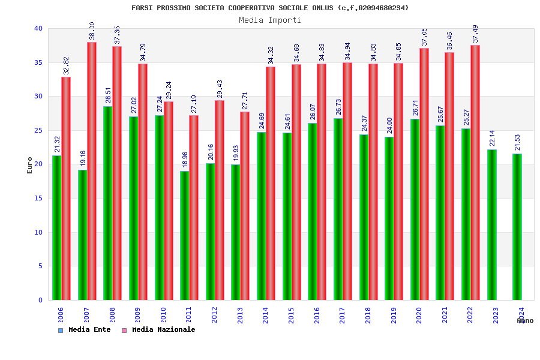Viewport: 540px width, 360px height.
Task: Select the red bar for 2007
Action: pos(92,171)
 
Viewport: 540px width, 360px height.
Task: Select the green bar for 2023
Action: pos(492,224)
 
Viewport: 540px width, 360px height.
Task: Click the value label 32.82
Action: pos(67,65)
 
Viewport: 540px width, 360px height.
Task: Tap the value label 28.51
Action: pos(109,95)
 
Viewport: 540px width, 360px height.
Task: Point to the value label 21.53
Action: pos(518,143)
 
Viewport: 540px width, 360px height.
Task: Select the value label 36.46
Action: pos(450,41)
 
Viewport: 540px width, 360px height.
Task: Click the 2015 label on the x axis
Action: pos(291,315)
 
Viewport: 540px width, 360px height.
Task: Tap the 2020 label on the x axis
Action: pos(419,315)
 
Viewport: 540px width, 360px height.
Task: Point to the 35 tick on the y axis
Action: pos(38,62)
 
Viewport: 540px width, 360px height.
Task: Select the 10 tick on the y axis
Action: pos(38,232)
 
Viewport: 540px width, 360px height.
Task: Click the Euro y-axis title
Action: pos(30,165)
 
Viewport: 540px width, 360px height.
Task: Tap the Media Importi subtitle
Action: pos(270,20)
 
